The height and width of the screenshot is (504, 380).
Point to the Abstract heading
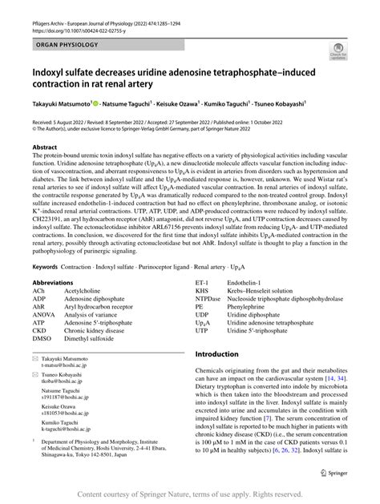coord(44,147)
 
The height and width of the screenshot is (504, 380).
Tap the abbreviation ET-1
coord(201,261)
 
